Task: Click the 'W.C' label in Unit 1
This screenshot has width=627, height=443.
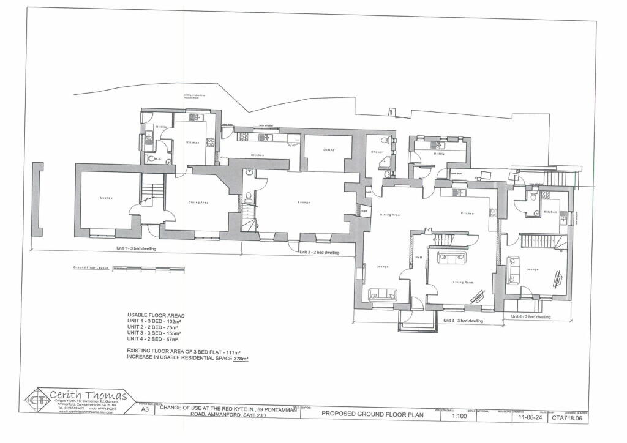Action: (x=157, y=158)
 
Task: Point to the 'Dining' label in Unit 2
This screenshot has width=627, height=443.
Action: (x=329, y=149)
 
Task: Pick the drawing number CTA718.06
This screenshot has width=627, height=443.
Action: (x=569, y=419)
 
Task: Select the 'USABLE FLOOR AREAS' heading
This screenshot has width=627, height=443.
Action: (x=156, y=315)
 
